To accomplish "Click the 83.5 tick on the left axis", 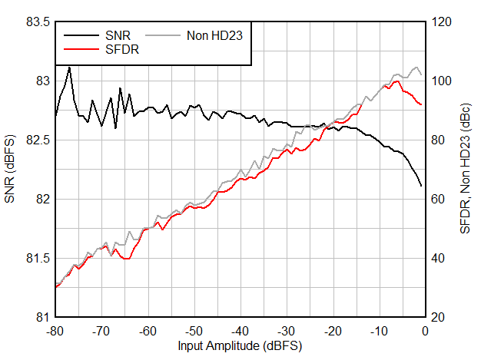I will tap(37, 21).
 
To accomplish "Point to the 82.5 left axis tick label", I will tap(37, 140).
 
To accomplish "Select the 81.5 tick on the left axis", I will tap(37, 258).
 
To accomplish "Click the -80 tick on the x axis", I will tap(55, 330).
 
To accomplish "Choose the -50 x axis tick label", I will tap(194, 330).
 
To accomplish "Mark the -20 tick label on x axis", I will tap(332, 330).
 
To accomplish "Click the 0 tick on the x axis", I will tap(425, 330).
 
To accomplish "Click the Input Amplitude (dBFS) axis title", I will tap(240, 345).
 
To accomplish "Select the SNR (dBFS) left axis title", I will tap(10, 170).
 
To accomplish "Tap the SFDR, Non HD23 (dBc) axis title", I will tap(466, 170).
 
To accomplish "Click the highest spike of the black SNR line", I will tap(69, 68).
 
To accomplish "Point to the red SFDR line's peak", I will tap(396, 81).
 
